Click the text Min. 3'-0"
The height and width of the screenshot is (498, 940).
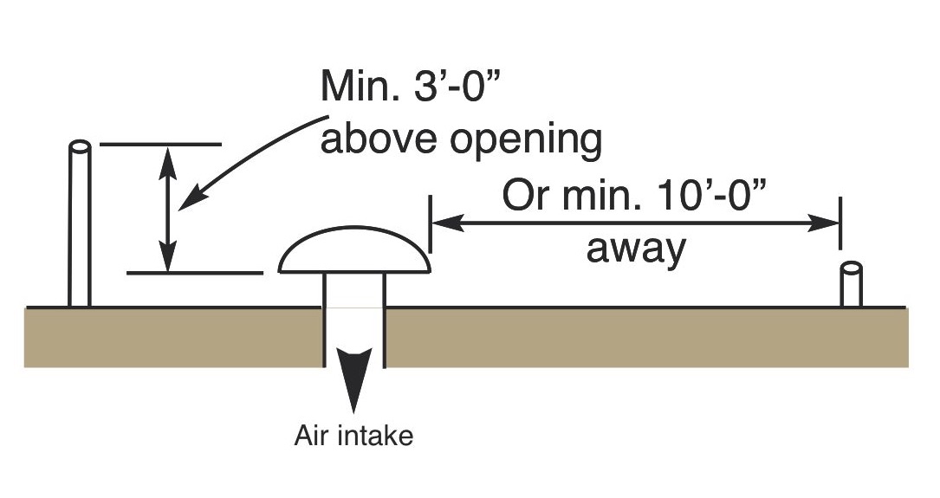click(x=411, y=87)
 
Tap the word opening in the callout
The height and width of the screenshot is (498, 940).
click(x=526, y=141)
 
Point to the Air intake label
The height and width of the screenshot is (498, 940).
click(x=353, y=436)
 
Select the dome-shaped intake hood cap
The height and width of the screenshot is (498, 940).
click(x=354, y=250)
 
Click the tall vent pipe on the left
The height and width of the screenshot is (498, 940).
click(x=80, y=223)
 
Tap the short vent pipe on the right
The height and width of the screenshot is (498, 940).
click(x=852, y=285)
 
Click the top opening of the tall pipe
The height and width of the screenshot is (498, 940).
click(x=80, y=146)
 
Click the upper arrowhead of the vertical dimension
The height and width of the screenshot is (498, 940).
click(x=168, y=162)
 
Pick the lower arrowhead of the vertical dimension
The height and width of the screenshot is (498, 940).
click(x=168, y=255)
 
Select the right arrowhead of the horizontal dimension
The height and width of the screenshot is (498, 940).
click(x=823, y=223)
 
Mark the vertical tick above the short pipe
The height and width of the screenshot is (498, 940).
click(x=840, y=223)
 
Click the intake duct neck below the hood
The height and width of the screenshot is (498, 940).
click(x=353, y=291)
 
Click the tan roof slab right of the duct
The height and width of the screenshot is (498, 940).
click(x=647, y=338)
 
